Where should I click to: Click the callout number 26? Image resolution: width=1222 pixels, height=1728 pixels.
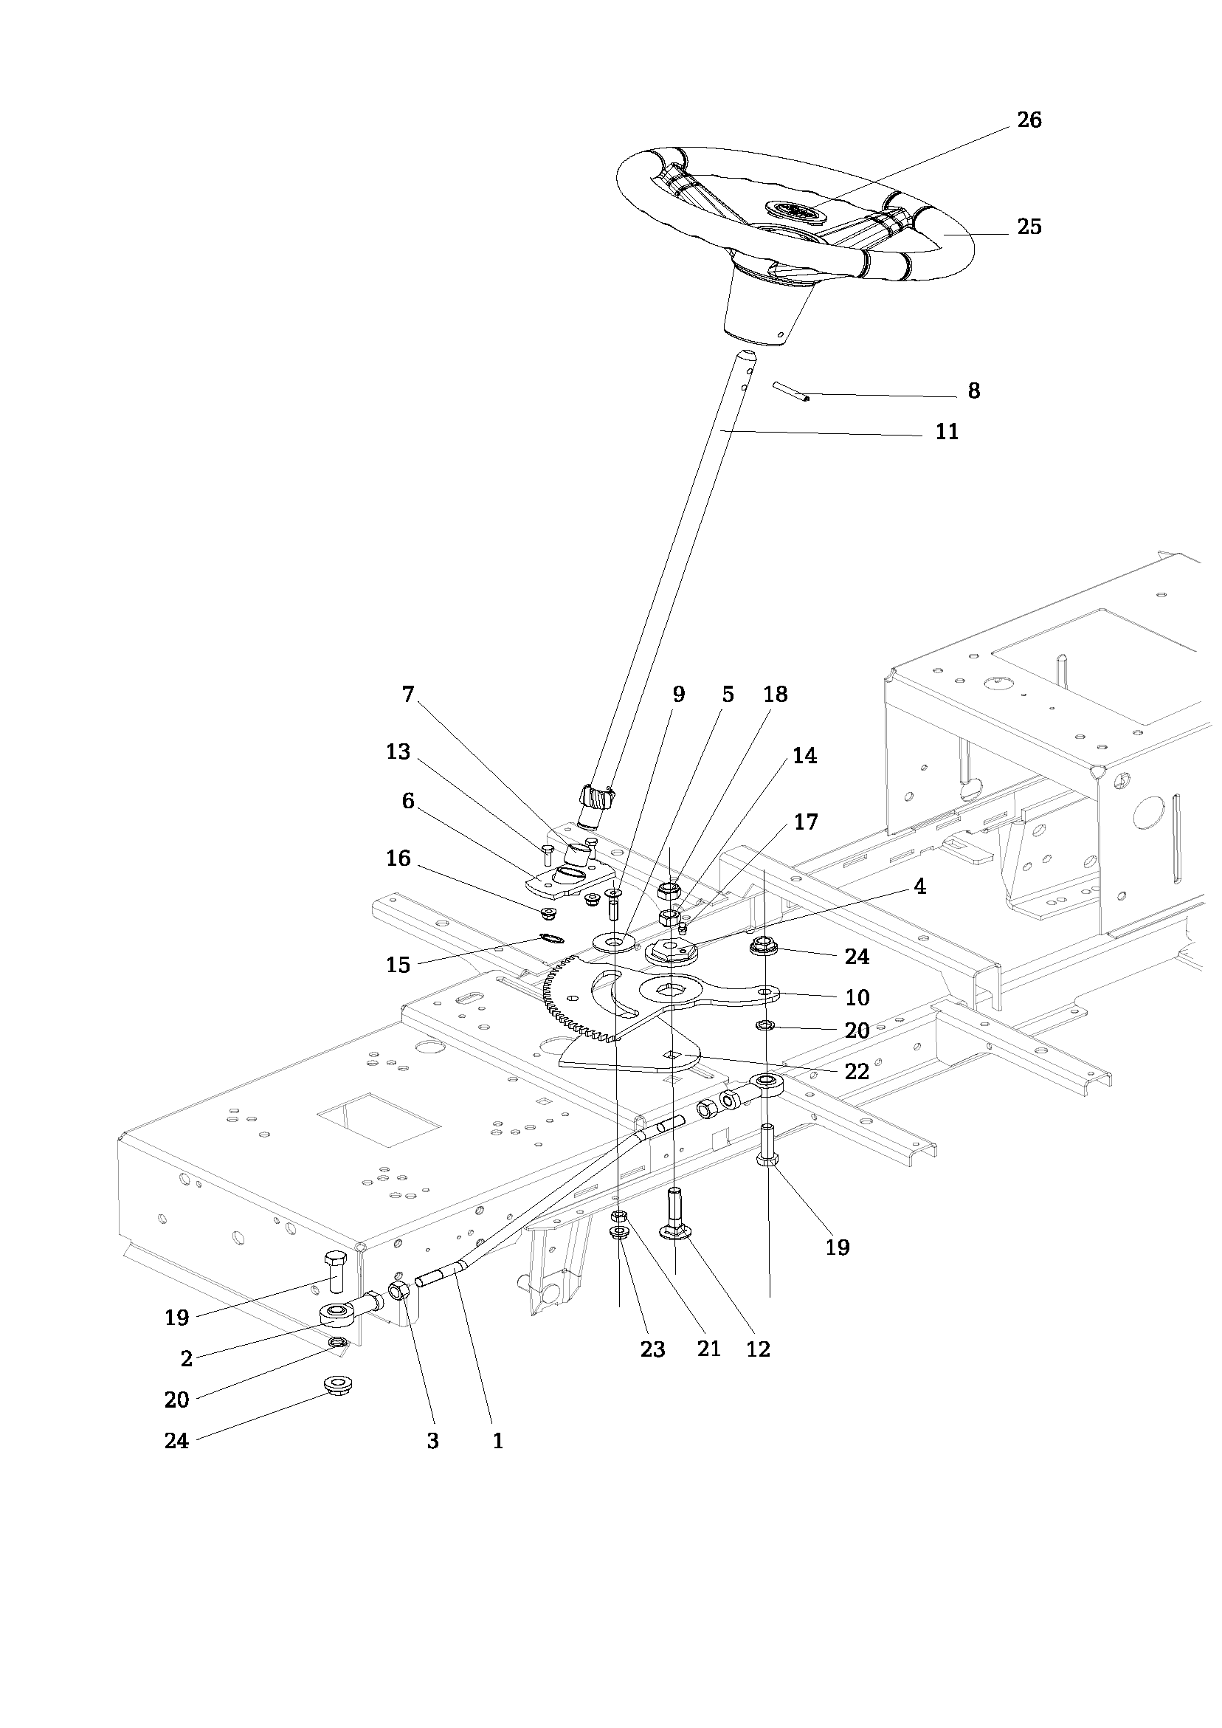tap(1029, 120)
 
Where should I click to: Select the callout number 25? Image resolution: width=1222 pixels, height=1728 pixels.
tap(1029, 227)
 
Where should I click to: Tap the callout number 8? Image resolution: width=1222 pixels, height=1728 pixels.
tap(973, 391)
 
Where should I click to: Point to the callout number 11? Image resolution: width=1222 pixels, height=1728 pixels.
tap(947, 432)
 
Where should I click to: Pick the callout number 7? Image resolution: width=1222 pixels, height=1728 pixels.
tap(408, 694)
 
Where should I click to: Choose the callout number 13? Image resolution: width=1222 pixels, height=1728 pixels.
tap(398, 752)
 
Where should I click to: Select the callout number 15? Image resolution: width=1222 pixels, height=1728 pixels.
tap(398, 965)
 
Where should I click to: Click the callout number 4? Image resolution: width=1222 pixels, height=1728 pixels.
tap(919, 887)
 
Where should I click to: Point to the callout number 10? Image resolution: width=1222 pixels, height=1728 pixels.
tap(857, 998)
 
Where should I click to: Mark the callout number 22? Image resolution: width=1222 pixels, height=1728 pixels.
tap(857, 1071)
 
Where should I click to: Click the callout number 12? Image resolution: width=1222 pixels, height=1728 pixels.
tap(759, 1350)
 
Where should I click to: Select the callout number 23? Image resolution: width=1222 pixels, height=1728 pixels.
tap(652, 1350)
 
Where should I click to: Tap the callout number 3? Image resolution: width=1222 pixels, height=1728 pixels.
tap(432, 1442)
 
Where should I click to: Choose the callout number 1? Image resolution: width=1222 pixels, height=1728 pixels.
tap(497, 1442)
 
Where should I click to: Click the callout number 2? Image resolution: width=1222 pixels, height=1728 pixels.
tap(187, 1359)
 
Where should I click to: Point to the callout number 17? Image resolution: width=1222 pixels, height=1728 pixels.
tap(805, 822)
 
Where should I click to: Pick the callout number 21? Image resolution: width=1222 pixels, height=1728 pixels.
tap(708, 1350)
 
